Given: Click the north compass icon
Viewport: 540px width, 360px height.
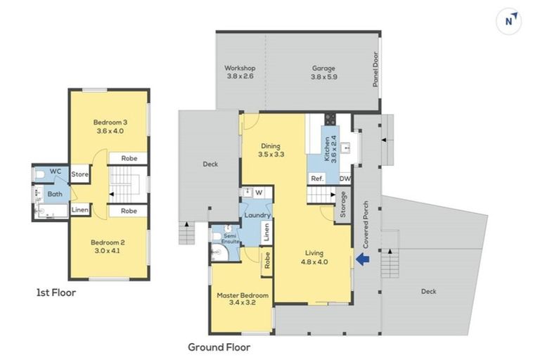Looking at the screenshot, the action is tap(508, 21).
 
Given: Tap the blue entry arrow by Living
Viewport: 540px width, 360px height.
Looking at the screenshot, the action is tap(362, 259).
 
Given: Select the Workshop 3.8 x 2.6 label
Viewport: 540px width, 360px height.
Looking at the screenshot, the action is tap(240, 72).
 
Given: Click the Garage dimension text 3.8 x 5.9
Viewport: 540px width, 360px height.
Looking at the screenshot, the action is tap(323, 77).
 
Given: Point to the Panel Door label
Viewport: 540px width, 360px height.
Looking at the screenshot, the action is tap(375, 69).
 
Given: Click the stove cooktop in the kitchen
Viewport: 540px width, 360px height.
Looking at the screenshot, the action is tap(330, 119).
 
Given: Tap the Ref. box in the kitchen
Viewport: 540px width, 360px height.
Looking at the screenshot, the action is tap(317, 179).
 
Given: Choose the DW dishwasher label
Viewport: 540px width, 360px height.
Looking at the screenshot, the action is tap(345, 179).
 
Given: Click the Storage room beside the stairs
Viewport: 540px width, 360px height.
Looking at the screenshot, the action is tap(342, 205).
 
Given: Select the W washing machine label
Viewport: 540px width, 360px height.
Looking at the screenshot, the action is tap(259, 193).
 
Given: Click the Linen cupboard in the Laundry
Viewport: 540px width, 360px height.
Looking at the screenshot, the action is tap(266, 232).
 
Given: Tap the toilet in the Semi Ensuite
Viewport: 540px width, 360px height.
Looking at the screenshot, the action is tap(217, 236).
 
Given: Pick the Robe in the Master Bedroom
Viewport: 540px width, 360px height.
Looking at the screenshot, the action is tap(267, 260).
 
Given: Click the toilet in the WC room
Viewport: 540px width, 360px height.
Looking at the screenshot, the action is tap(39, 175).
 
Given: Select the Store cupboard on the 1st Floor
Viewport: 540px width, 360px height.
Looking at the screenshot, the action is tap(80, 174).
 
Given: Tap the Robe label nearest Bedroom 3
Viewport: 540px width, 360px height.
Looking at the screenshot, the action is tap(129, 158).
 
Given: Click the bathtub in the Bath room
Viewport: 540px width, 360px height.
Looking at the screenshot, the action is tap(53, 211).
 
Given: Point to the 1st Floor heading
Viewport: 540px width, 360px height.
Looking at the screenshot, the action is tap(56, 292).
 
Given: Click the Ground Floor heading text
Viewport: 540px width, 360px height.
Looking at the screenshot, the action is tap(219, 347).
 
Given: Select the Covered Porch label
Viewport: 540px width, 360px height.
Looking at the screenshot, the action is tap(366, 224).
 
